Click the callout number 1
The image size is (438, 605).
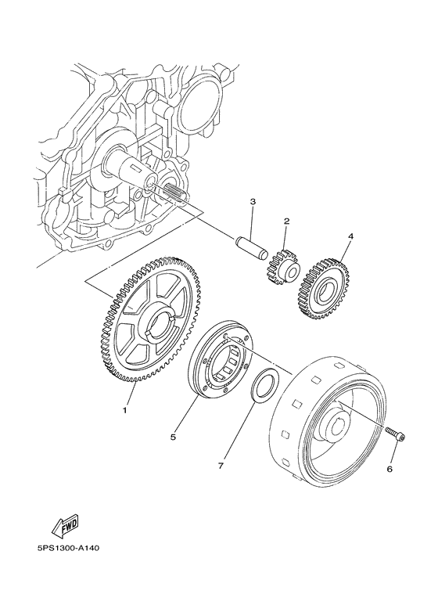pos(124,409)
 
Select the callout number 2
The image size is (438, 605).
pos(286,221)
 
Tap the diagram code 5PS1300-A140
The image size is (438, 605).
pos(63,569)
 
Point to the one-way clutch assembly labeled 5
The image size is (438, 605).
pos(221,360)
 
